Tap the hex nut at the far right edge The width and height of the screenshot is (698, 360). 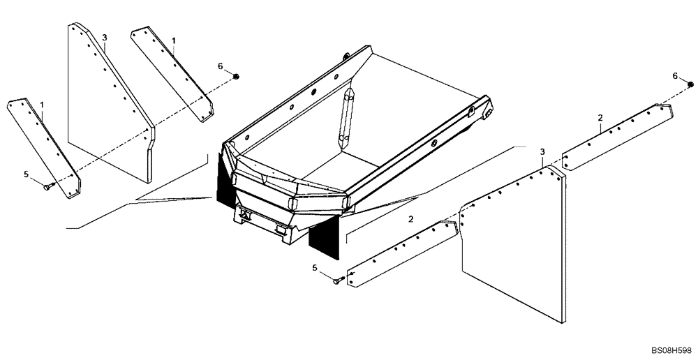coord(690,84)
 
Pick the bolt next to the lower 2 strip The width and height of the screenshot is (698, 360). coord(339,280)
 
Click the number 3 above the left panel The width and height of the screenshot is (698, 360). coord(105,37)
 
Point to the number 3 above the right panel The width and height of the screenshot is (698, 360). coord(542,151)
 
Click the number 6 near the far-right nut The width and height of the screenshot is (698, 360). coord(675,75)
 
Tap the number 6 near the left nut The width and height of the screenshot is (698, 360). coord(220,66)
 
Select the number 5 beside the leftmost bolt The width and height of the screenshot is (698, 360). coord(27,174)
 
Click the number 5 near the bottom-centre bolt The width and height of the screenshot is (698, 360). coord(315,268)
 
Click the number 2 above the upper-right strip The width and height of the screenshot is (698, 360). coord(600,118)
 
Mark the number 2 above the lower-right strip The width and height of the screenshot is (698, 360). coord(411,220)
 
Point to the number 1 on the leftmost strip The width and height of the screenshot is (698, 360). coord(42,105)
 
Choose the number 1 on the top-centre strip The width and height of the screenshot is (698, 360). coord(174,41)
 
